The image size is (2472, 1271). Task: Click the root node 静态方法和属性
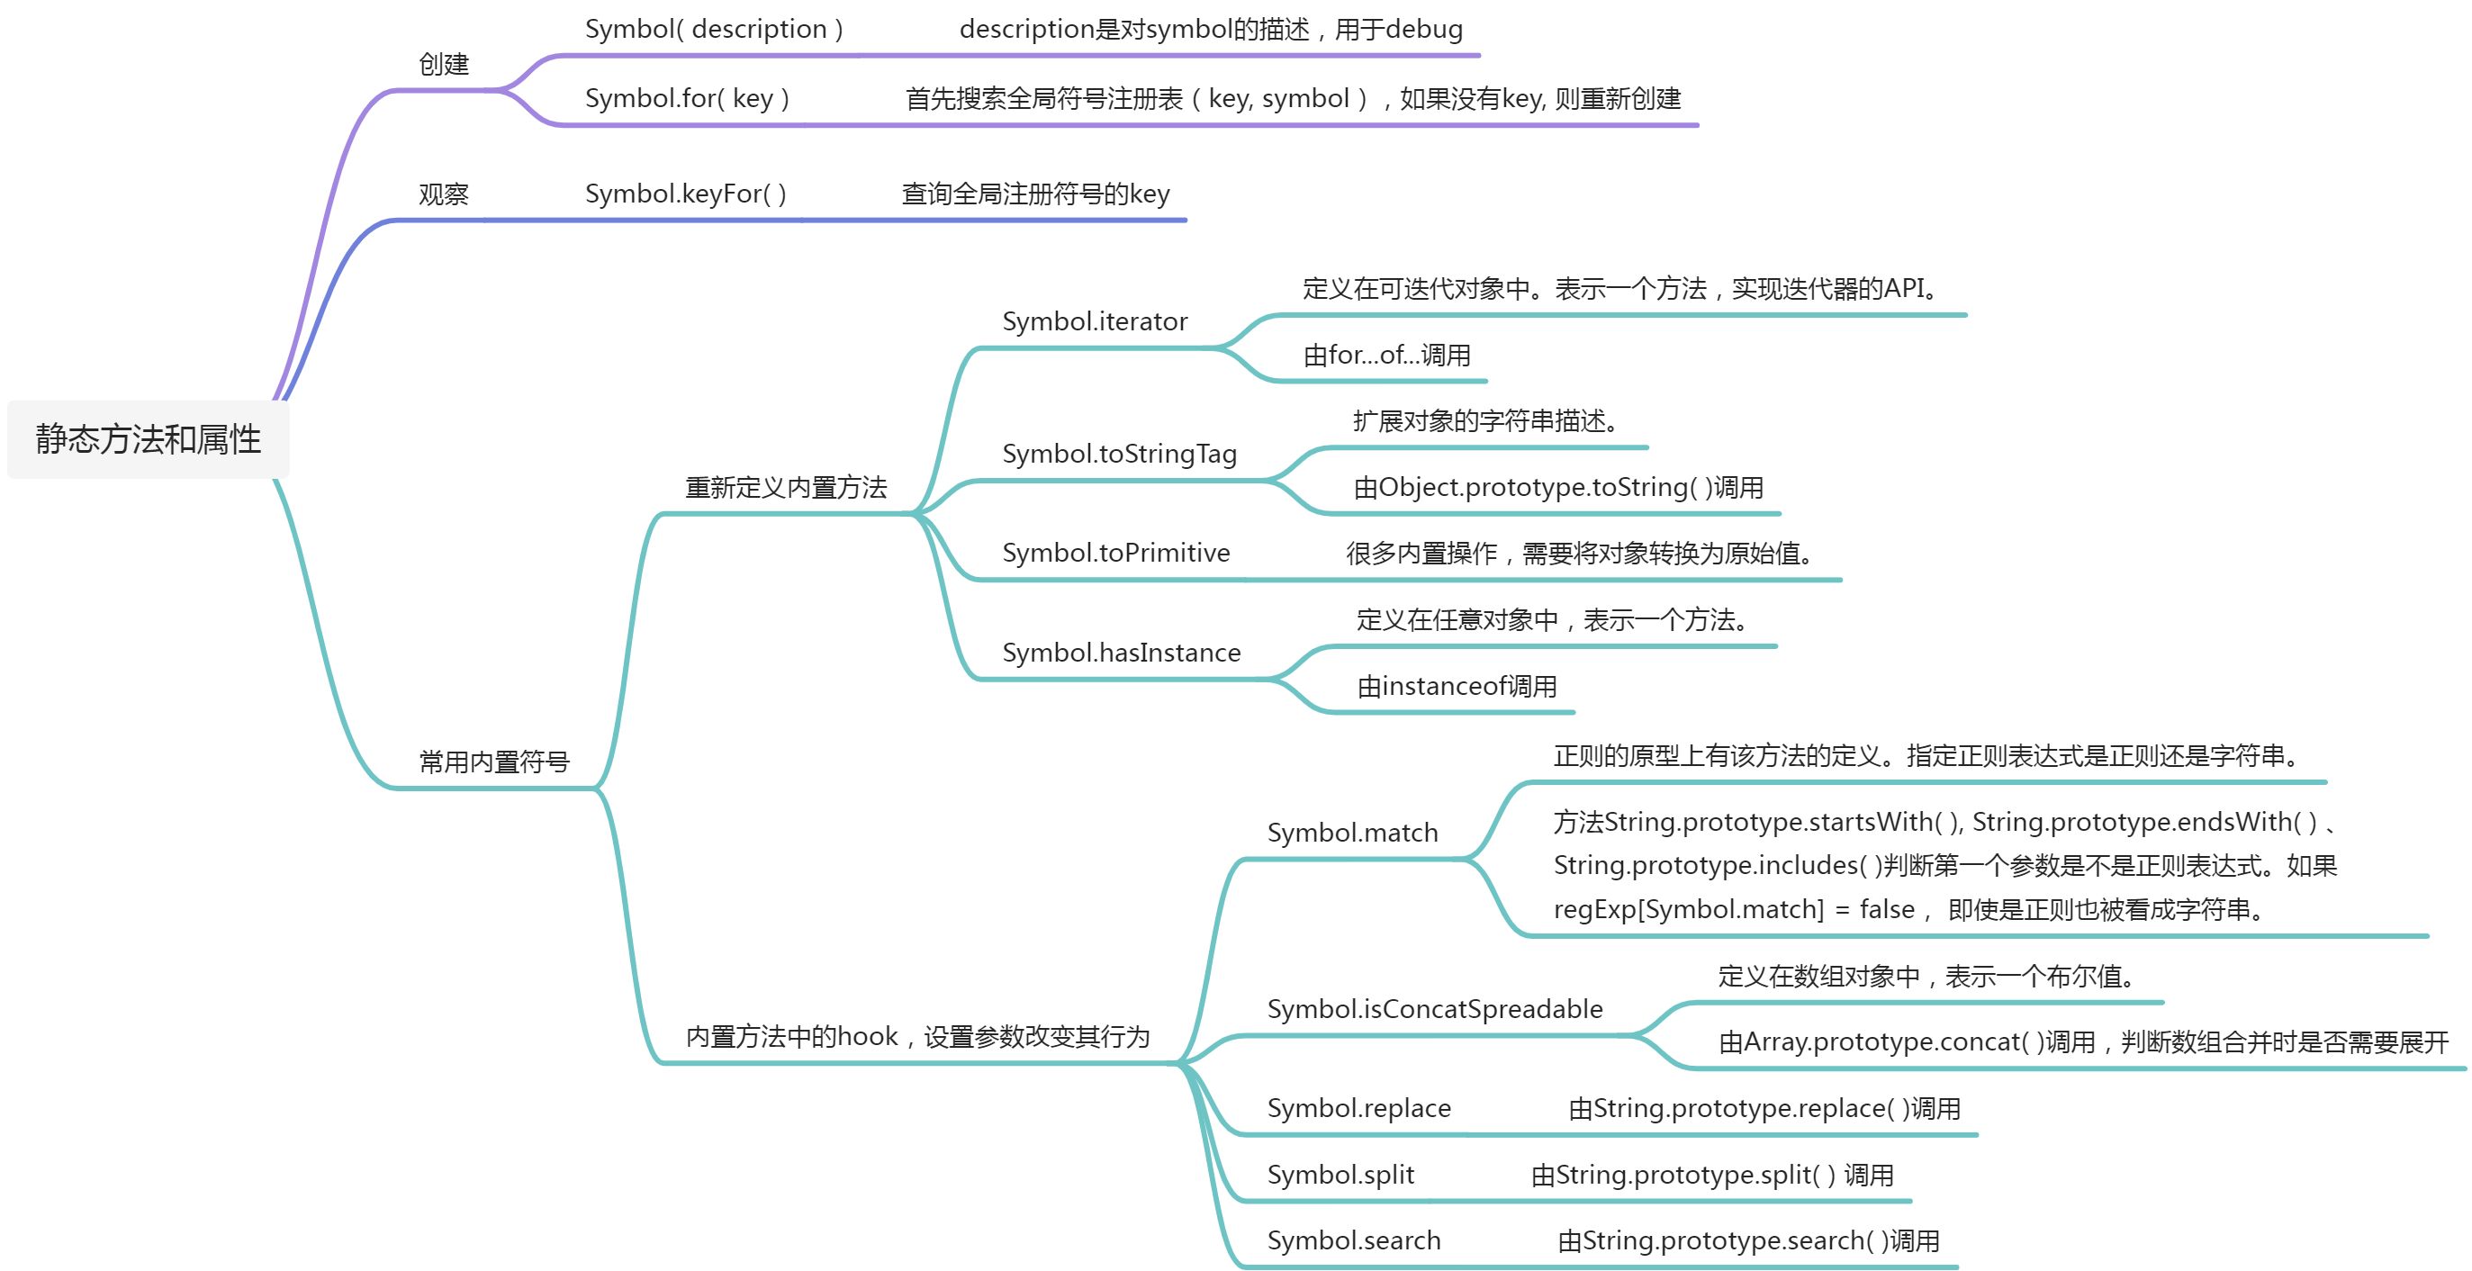[148, 439]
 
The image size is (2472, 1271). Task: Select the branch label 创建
[443, 64]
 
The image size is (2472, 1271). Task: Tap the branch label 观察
[443, 194]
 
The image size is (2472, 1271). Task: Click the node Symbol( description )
[714, 30]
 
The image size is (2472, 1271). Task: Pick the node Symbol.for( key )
[687, 99]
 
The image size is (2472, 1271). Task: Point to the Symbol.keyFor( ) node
[686, 194]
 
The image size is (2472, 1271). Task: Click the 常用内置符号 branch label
[494, 762]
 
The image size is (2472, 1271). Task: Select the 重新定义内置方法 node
[786, 487]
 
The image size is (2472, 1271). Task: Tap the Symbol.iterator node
[1095, 321]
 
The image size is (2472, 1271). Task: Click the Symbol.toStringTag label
[1120, 454]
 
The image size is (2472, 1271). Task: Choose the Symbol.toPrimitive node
[1116, 553]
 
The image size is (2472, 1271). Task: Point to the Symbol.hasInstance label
[1122, 653]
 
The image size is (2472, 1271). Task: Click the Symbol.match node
[1353, 833]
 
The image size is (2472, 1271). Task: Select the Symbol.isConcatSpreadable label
[1436, 1009]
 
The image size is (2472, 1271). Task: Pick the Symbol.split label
[1340, 1175]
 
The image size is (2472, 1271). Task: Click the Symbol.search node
[1354, 1241]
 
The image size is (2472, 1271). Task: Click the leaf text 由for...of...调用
[1386, 356]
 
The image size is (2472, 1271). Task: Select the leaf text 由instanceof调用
[1457, 687]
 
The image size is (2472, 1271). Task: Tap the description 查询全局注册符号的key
[1035, 194]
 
